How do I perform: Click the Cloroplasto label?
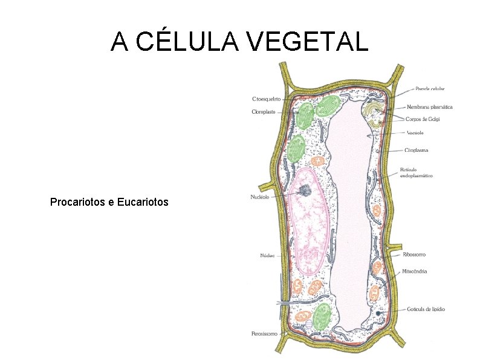tap(264, 111)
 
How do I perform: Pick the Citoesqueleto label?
tap(266, 99)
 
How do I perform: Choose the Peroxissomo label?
tap(264, 333)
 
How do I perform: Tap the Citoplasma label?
tap(417, 150)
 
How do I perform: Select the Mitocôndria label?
tap(414, 271)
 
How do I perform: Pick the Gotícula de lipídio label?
tap(426, 309)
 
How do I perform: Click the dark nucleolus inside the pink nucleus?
tap(305, 191)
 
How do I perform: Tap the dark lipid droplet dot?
tap(378, 313)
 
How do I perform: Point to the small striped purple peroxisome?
tap(310, 326)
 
